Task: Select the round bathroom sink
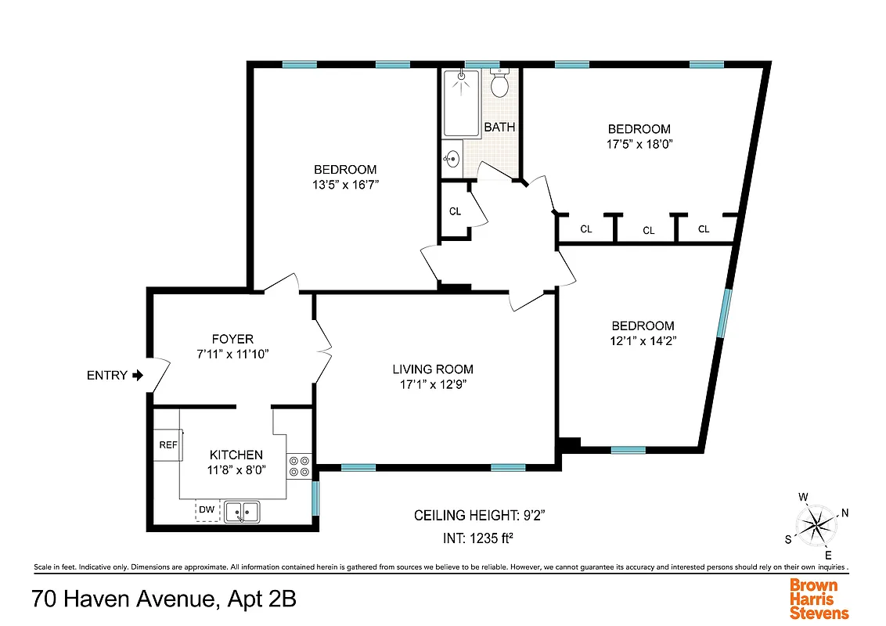coord(452,159)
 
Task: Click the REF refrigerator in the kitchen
coord(168,444)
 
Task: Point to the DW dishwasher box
coord(207,510)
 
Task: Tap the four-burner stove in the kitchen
coord(298,466)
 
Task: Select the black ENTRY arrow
coord(138,376)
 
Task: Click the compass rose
coord(816,521)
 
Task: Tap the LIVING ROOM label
coord(433,369)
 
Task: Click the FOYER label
coord(232,339)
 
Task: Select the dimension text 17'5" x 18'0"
coord(639,144)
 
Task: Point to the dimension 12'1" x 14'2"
coord(643,340)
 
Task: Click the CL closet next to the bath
coord(455,211)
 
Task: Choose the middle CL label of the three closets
coord(648,230)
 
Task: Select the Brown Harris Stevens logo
coord(819,599)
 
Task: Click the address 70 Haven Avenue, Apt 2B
coord(164,600)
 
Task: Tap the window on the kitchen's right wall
coord(315,498)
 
